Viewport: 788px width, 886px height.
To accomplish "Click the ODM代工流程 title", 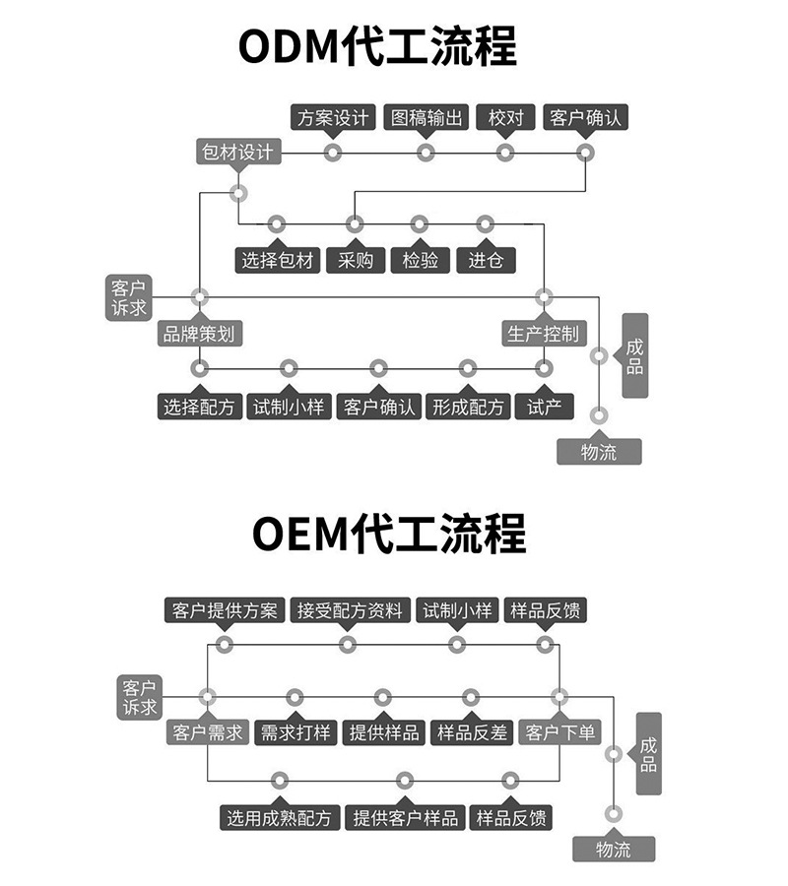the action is click(377, 45).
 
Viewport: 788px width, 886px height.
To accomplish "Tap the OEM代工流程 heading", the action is click(389, 533).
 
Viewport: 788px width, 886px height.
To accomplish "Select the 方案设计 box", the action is click(333, 117).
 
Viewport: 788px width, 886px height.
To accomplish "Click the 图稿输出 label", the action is click(427, 117).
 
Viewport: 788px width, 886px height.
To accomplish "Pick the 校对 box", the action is click(505, 117).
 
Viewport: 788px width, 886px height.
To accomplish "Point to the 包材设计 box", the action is click(238, 152).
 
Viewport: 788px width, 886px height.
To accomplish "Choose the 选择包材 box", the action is click(278, 260).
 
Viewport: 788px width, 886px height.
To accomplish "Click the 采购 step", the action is click(356, 260).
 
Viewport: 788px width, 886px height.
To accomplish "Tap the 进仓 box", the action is click(486, 260).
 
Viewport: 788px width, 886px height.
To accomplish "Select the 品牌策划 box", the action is click(200, 334).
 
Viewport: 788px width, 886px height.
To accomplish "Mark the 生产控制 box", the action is click(544, 334).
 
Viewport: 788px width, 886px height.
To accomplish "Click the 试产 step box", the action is click(545, 407).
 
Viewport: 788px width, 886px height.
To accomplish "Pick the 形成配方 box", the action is click(468, 407).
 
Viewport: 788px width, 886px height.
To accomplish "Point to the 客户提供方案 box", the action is click(225, 610).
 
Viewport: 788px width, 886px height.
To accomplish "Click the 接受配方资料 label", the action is click(350, 610).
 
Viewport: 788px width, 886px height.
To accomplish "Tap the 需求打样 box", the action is click(295, 732).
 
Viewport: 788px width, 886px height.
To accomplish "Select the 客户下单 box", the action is click(559, 732).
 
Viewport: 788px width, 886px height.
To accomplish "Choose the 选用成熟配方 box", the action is click(280, 818).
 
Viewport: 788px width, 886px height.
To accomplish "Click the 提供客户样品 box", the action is click(405, 818).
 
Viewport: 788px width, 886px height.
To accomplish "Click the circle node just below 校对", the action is click(504, 153).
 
